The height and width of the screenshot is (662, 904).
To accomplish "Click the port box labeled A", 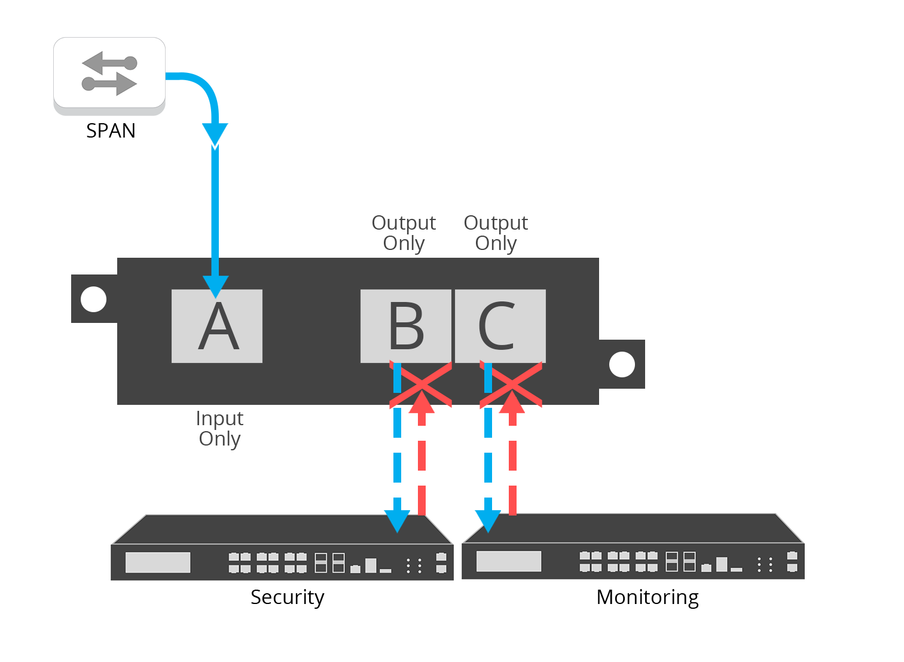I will pyautogui.click(x=217, y=326).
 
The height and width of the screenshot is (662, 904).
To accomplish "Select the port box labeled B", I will pyautogui.click(x=406, y=326).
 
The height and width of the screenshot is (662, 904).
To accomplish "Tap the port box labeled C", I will pyautogui.click(x=500, y=326).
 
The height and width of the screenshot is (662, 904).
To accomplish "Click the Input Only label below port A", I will pyautogui.click(x=219, y=429).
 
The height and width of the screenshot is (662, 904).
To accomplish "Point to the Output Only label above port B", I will pyautogui.click(x=404, y=233).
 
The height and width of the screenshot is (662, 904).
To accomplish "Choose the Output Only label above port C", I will pyautogui.click(x=496, y=233).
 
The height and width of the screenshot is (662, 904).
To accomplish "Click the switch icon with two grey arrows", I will pyautogui.click(x=109, y=73).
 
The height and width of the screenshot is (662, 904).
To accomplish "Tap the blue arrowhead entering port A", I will pyautogui.click(x=216, y=286).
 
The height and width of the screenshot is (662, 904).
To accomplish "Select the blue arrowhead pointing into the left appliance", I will pyautogui.click(x=397, y=520).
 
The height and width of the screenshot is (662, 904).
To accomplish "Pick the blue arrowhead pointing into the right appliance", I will pyautogui.click(x=488, y=520).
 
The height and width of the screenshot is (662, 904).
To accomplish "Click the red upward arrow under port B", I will pyautogui.click(x=422, y=454).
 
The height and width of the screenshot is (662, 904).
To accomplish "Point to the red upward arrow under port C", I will pyautogui.click(x=512, y=454).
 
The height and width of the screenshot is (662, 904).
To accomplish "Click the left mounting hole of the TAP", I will pyautogui.click(x=93, y=299).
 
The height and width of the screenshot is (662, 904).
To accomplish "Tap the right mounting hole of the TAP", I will pyautogui.click(x=622, y=364).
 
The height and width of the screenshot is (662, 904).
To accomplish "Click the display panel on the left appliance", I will pyautogui.click(x=158, y=562).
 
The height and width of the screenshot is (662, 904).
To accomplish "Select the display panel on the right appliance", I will pyautogui.click(x=509, y=561).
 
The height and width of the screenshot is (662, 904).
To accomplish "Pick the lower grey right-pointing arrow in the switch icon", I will pyautogui.click(x=110, y=84).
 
